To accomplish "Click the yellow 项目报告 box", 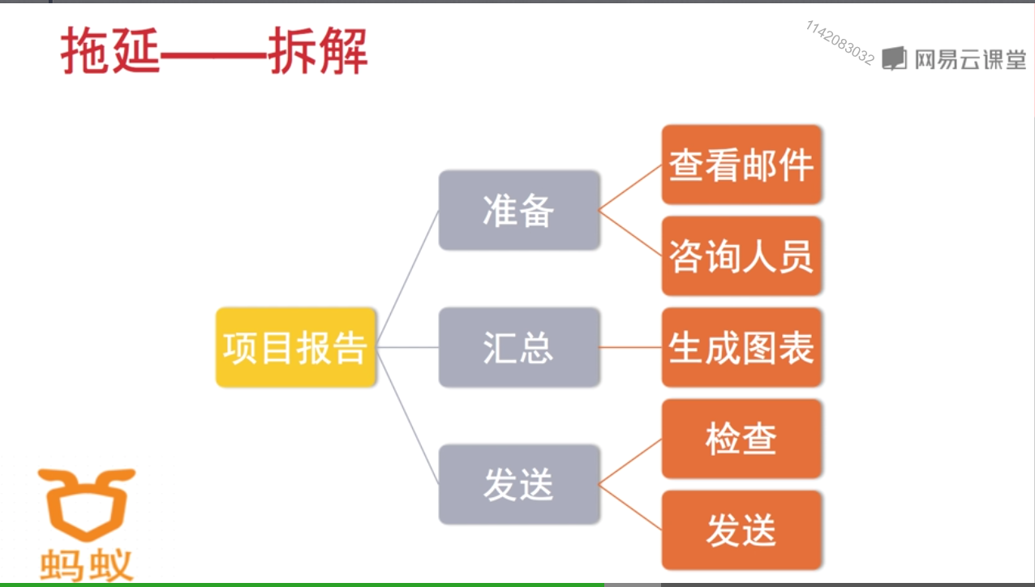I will (x=295, y=347).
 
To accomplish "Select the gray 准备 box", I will (x=519, y=210).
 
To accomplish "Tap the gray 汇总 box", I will (x=519, y=347).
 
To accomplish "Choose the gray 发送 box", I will (x=519, y=484).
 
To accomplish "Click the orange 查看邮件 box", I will (x=741, y=165).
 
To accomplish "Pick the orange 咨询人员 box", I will (x=741, y=255).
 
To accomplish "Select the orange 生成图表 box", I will (x=741, y=347).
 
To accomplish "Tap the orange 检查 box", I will (x=741, y=439).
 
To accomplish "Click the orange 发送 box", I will (x=741, y=530).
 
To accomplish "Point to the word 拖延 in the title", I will (x=110, y=52).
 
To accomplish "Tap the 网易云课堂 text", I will (x=970, y=59).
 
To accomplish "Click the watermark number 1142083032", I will (x=840, y=43).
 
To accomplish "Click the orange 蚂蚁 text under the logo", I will (x=86, y=564).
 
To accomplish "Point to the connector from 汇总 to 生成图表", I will (x=631, y=347).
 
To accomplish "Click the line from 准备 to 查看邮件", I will (x=631, y=187).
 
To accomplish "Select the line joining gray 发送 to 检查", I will (x=631, y=461).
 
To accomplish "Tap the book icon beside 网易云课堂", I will (x=894, y=58).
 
